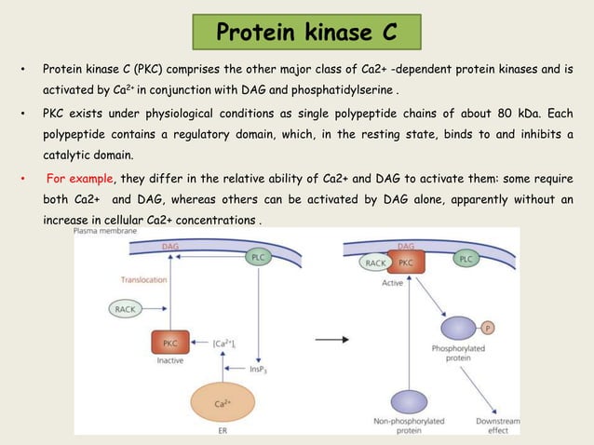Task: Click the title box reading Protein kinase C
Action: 306,33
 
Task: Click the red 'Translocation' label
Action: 143,279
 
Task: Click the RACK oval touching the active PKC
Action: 374,264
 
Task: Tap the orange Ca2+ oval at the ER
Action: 222,403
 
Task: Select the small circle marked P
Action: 489,327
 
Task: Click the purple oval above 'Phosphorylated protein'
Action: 457,329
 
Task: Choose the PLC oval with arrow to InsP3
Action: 260,255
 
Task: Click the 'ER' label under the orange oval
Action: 222,431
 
